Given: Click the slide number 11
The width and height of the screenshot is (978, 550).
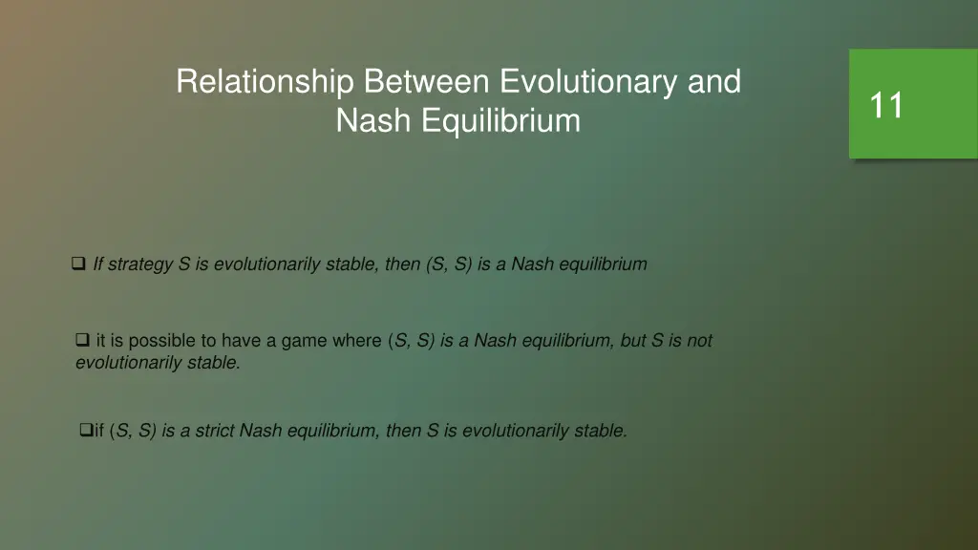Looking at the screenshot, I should click(x=886, y=105).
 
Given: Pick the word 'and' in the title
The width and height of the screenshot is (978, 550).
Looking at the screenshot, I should click(x=714, y=82).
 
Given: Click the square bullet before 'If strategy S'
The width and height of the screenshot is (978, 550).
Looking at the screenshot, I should click(x=79, y=264).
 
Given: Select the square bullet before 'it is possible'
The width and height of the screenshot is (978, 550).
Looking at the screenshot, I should click(x=83, y=339).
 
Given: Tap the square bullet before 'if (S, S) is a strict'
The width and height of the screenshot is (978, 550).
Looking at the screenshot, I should click(x=86, y=431).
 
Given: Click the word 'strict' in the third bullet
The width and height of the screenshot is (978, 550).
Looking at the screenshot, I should click(x=216, y=432).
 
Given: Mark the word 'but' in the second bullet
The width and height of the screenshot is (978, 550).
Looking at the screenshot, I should click(x=633, y=341).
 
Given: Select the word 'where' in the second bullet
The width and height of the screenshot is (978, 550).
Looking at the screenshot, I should click(x=356, y=341).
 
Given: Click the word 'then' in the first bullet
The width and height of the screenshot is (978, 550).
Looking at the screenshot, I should click(x=402, y=264).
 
